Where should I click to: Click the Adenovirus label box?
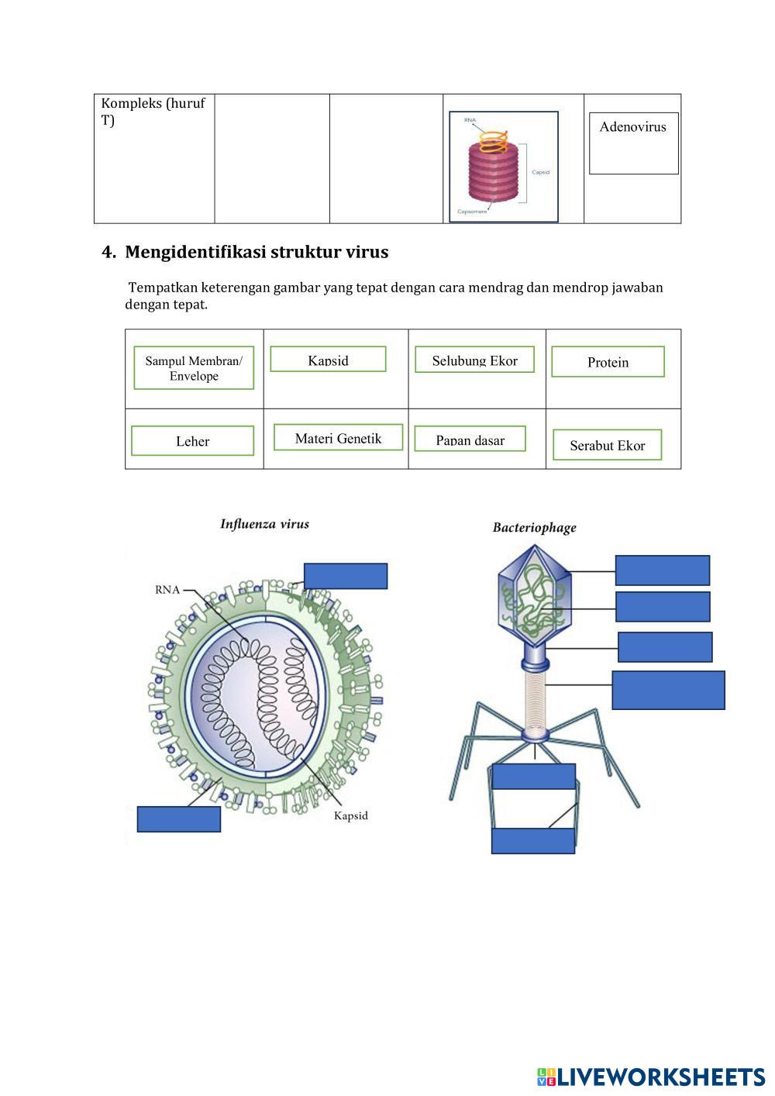tap(633, 143)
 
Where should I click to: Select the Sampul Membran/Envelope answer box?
tap(194, 367)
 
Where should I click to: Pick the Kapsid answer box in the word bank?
tap(328, 359)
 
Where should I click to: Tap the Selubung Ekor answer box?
tap(474, 360)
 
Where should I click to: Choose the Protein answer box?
tap(608, 362)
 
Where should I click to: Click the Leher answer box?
tap(192, 440)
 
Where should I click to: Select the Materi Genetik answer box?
tap(338, 437)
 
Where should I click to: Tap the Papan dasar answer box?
tap(470, 439)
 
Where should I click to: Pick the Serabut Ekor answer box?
tap(607, 445)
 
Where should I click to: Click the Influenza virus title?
tap(264, 524)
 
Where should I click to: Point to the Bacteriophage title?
tap(534, 528)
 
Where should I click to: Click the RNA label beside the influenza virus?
tap(167, 590)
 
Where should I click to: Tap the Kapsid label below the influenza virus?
tap(350, 815)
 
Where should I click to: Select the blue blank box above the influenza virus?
tap(346, 576)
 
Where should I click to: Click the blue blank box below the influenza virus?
tap(179, 819)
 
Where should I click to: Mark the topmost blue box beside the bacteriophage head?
tap(662, 570)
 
